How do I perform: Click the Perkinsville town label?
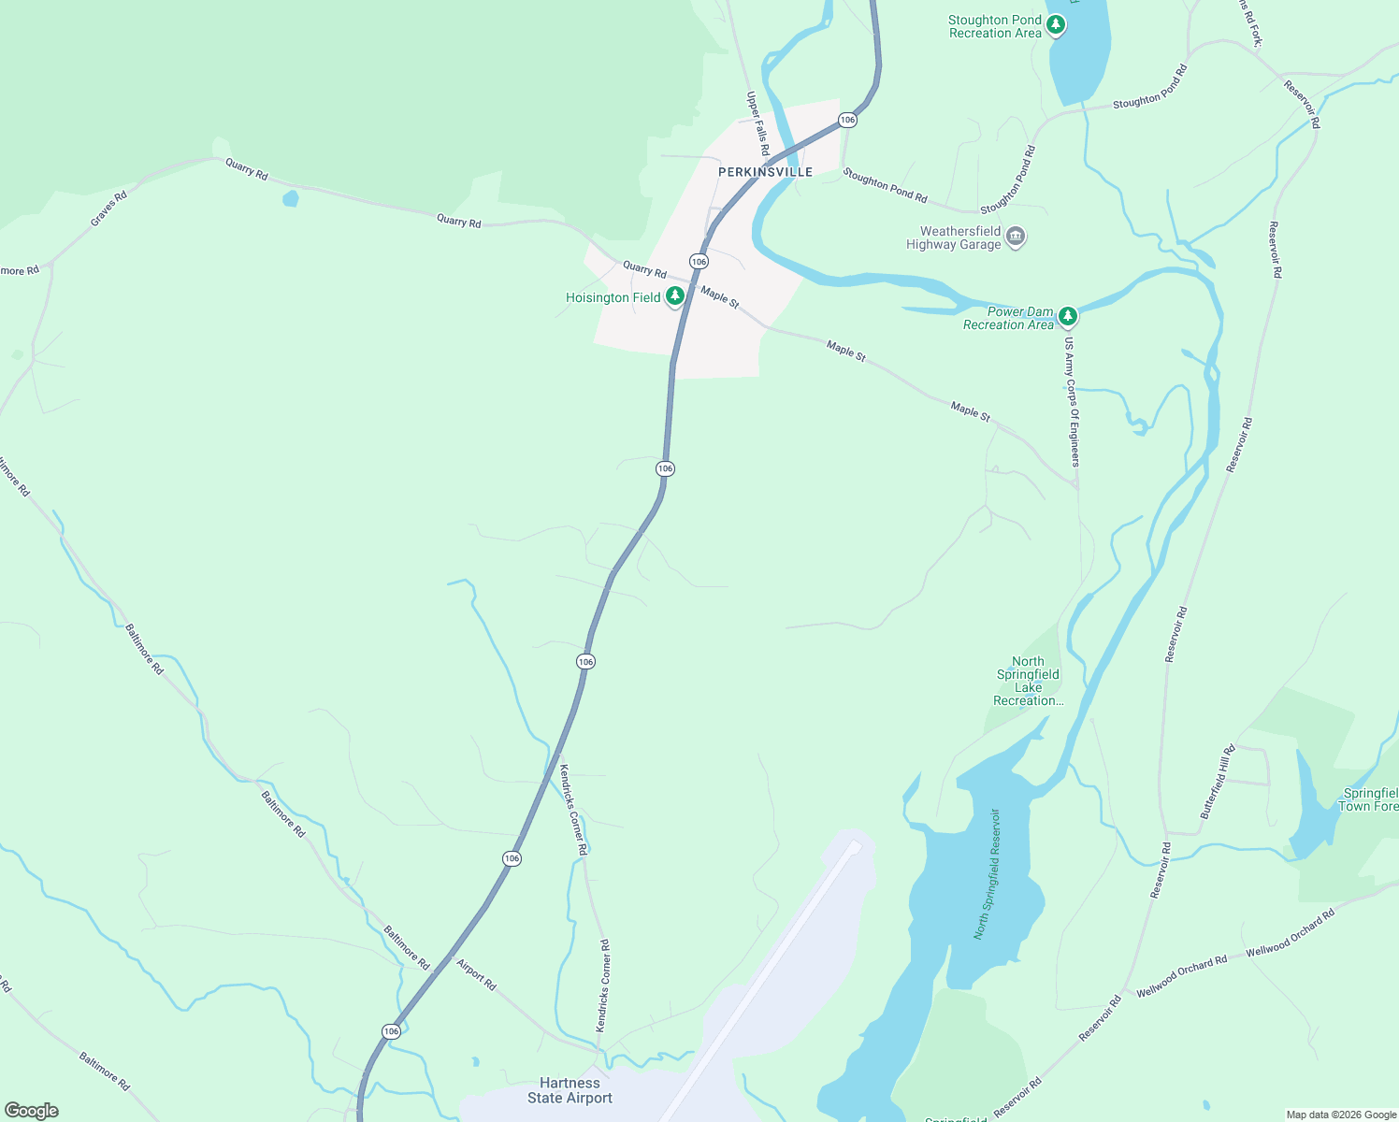point(765,172)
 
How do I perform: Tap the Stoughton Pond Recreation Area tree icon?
point(1056,25)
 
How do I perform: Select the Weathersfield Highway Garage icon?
point(1017,237)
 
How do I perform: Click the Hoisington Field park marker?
point(675,296)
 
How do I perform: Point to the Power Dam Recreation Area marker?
point(1068,316)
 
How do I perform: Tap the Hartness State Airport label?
point(570,1090)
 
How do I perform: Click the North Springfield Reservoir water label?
point(988,874)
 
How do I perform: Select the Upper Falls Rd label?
point(757,123)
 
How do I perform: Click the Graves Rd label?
point(108,209)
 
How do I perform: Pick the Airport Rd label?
point(476,974)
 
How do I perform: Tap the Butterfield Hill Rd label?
point(1219,782)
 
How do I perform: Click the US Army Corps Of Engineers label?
point(1072,402)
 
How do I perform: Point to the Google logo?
point(31,1111)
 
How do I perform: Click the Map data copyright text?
point(1340,1115)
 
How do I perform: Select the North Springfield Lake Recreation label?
point(1028,681)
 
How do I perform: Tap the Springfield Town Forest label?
point(1368,799)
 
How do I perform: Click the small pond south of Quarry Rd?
point(291,198)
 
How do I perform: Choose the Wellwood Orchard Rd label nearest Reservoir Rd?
point(1181,976)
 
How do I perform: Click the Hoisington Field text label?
point(613,297)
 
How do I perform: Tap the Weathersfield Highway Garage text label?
point(953,237)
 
